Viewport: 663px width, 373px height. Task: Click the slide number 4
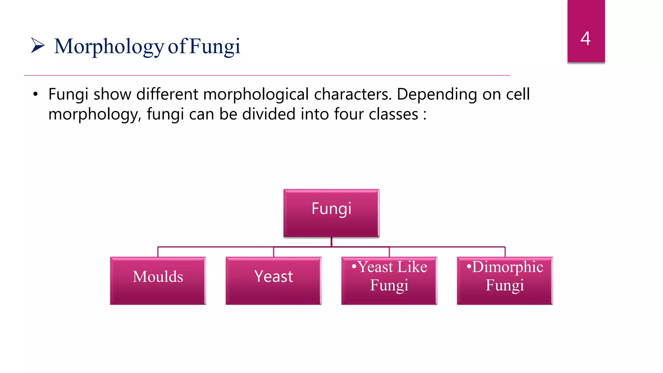(x=585, y=39)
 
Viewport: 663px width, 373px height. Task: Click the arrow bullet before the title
(x=38, y=45)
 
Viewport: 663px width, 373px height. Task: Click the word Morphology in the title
(x=109, y=46)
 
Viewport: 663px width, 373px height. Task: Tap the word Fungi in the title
(x=215, y=46)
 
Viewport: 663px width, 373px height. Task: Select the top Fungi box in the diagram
(x=331, y=213)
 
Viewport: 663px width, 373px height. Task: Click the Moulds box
(x=158, y=280)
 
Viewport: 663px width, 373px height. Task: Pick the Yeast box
(x=273, y=280)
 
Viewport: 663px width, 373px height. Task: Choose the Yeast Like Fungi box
(x=389, y=280)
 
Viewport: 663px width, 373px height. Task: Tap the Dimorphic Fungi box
(x=505, y=280)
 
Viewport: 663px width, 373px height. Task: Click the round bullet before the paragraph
(x=35, y=95)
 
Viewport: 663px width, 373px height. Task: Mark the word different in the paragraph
(x=167, y=95)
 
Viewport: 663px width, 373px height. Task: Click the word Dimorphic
(x=508, y=267)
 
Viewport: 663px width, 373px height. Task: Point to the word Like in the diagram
(x=412, y=267)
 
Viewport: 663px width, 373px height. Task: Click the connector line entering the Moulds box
(x=158, y=252)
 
